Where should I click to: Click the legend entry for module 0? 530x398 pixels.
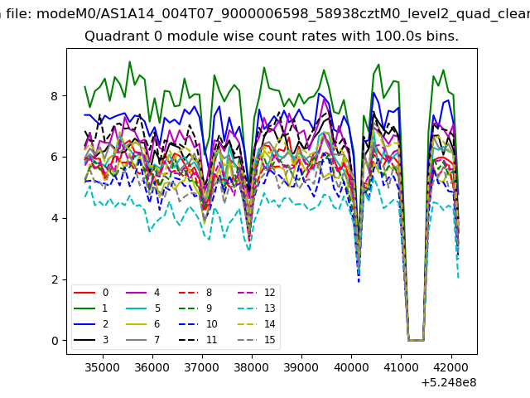click(91, 293)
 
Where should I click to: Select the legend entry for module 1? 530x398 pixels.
click(90, 308)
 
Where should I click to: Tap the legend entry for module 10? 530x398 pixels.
click(198, 324)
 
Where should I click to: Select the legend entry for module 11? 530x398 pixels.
click(198, 339)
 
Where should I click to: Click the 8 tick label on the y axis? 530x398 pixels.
click(55, 96)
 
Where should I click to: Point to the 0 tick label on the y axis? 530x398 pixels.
click(55, 341)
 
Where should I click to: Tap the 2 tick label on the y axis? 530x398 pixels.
click(55, 280)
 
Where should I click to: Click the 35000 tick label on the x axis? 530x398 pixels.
click(103, 367)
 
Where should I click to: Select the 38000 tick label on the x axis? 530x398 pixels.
click(252, 367)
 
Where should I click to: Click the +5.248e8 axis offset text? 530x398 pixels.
click(449, 382)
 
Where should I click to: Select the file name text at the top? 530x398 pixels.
click(283, 14)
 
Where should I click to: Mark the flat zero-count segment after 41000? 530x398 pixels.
click(416, 340)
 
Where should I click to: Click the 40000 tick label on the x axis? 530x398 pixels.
click(351, 367)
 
